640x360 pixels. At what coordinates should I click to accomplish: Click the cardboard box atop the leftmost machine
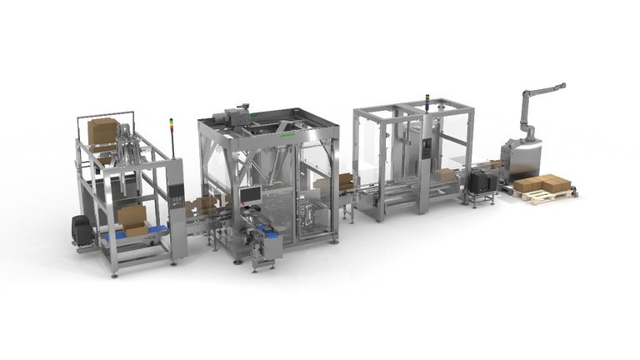pos(103,131)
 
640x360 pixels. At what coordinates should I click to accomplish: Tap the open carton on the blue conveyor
pos(132,218)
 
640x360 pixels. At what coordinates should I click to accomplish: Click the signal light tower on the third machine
pos(427,101)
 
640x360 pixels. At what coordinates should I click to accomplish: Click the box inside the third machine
pos(445,175)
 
